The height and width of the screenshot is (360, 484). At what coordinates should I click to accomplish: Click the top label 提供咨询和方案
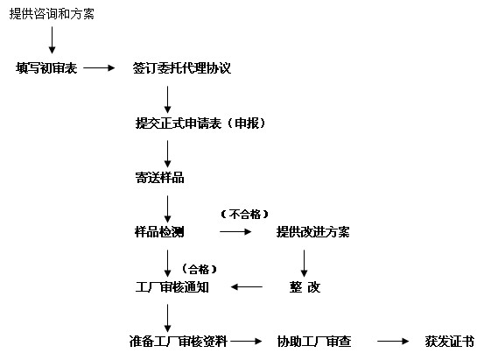tap(52, 14)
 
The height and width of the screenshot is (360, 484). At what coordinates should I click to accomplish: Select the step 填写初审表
tap(46, 68)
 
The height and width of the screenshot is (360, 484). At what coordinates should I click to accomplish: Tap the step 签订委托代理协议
tap(182, 68)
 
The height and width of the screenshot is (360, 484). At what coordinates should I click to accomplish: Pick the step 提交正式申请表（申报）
tap(200, 123)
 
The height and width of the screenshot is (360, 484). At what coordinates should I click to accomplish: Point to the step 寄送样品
tap(159, 178)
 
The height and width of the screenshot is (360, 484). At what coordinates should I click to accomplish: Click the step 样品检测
tap(159, 232)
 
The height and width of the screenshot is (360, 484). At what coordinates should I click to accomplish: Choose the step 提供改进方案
tap(312, 232)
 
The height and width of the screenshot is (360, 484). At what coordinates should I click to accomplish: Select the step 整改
tap(305, 287)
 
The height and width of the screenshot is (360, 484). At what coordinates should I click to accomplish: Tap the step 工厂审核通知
tap(172, 287)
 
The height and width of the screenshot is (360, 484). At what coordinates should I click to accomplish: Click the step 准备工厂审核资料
tap(178, 342)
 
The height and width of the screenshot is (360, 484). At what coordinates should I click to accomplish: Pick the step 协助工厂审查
tap(314, 342)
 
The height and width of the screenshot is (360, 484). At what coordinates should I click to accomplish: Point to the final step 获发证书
tap(450, 342)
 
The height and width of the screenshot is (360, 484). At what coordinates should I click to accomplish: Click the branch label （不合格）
tap(245, 214)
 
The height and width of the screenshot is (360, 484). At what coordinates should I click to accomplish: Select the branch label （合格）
tap(200, 269)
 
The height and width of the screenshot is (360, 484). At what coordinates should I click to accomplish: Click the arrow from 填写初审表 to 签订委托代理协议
tap(99, 68)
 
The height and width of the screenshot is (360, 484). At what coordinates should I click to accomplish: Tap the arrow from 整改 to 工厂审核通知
tap(247, 287)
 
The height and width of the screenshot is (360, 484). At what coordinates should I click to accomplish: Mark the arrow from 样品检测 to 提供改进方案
tap(235, 232)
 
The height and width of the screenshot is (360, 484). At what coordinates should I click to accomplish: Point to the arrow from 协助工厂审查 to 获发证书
tap(393, 342)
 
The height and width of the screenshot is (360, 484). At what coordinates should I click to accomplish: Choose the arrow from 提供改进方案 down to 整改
tap(304, 264)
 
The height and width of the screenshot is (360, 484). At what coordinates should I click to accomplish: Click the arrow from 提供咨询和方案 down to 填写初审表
tap(52, 40)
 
